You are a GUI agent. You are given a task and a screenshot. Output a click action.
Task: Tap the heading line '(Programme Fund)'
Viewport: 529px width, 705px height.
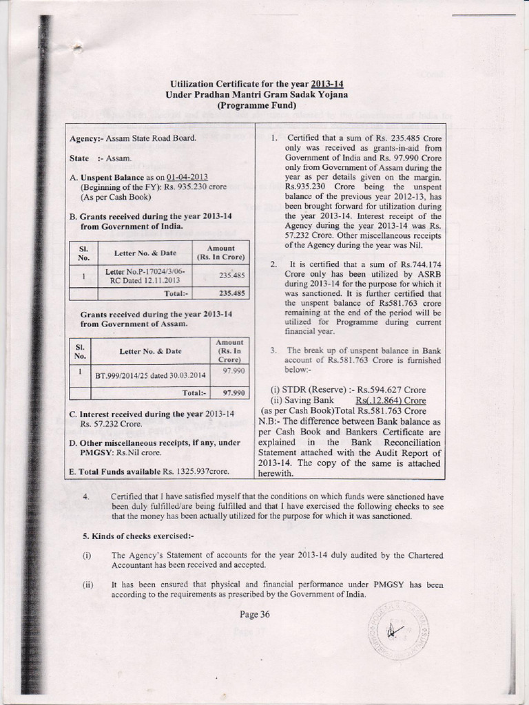pos(257,105)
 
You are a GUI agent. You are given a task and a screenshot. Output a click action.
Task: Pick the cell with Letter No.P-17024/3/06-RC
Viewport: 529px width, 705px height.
pos(145,277)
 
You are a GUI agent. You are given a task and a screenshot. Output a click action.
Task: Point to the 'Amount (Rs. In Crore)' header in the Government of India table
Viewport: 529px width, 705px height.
pos(220,252)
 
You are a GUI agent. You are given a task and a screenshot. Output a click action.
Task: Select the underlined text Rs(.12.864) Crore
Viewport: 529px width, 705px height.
pos(391,401)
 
